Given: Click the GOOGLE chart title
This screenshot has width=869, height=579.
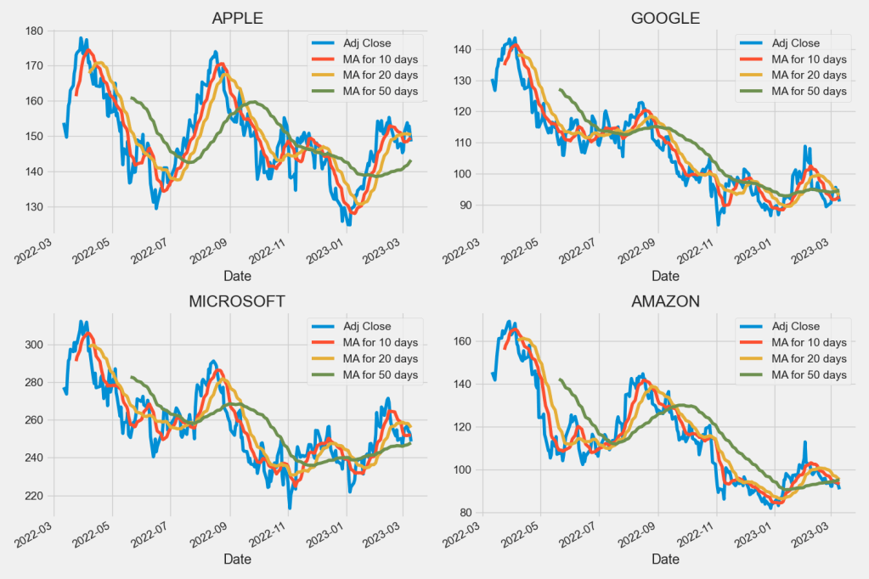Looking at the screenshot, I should pyautogui.click(x=665, y=18).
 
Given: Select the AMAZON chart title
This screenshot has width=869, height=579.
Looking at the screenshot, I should pyautogui.click(x=665, y=301).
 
